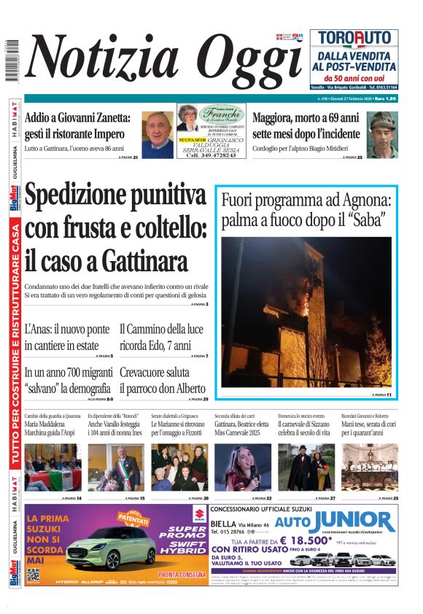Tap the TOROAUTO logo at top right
(x=354, y=39)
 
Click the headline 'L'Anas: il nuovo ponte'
(x=69, y=338)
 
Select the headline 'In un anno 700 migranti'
(x=68, y=380)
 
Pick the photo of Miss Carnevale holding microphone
(x=243, y=467)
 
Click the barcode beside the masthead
(x=11, y=60)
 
